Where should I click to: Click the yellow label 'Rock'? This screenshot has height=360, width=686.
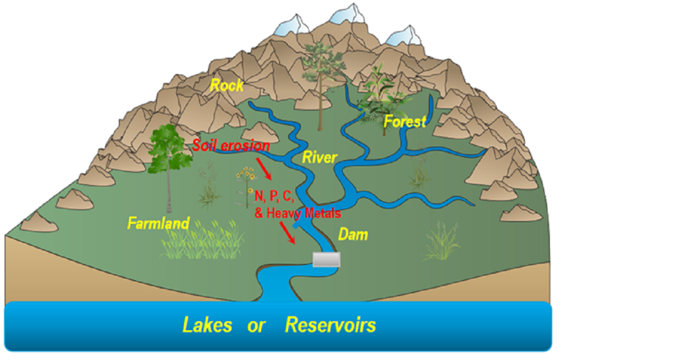(x=227, y=86)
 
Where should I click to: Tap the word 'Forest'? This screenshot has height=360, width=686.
(x=405, y=121)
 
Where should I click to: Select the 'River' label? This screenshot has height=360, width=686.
(x=320, y=157)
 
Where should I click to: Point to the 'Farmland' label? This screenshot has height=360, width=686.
(x=158, y=223)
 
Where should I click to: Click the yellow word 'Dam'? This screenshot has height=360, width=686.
(x=353, y=234)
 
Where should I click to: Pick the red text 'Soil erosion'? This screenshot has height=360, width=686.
(x=231, y=146)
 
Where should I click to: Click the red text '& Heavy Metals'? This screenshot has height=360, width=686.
(x=297, y=213)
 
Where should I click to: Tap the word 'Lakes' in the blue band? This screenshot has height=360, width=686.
(x=208, y=325)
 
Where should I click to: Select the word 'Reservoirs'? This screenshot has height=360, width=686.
(x=330, y=325)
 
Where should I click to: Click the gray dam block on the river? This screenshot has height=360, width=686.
(x=326, y=260)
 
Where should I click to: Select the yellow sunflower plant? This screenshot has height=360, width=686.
(x=247, y=180)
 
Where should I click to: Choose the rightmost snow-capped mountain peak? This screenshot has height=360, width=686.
(x=400, y=36)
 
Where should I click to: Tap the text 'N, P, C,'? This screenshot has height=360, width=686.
(x=274, y=197)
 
